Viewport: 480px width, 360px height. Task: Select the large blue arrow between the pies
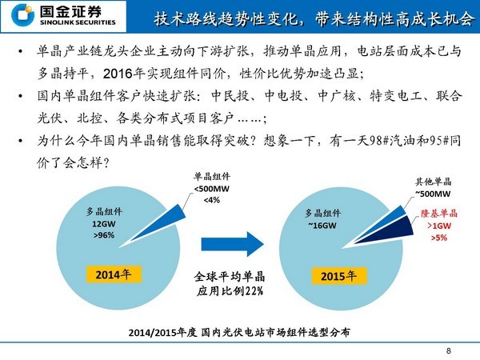pyautogui.click(x=232, y=243)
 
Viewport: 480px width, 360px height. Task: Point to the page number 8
pyautogui.click(x=449, y=350)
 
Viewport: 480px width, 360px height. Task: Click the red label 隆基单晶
pyautogui.click(x=439, y=214)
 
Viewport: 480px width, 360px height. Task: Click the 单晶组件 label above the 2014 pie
pyautogui.click(x=211, y=177)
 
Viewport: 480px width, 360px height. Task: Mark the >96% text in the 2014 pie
pyautogui.click(x=105, y=236)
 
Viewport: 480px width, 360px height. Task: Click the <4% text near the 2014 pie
pyautogui.click(x=211, y=199)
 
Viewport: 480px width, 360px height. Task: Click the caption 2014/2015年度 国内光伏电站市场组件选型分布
pyautogui.click(x=240, y=330)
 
